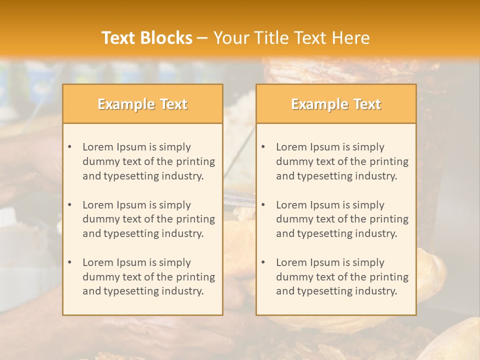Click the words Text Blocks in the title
coord(146,38)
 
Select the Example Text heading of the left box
coord(142,104)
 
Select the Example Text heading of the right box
coord(336,104)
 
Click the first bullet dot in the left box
coord(70,147)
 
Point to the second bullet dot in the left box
coord(70,205)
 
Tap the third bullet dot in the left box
coord(70,262)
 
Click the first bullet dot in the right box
coord(263,147)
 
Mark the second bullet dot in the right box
coord(263,205)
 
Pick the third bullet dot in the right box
coord(263,262)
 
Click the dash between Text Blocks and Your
coord(202,38)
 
